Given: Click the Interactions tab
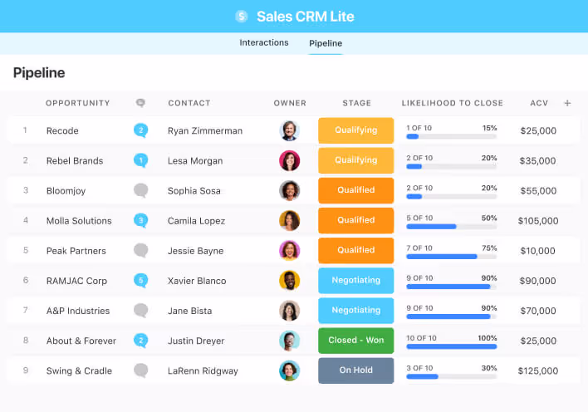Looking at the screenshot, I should (x=264, y=43).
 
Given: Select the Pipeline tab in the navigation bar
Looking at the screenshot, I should (x=325, y=43).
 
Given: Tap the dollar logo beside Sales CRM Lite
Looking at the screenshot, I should (x=242, y=16).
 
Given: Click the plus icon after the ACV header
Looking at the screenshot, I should (x=567, y=103).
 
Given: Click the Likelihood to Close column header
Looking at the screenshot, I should (x=452, y=103).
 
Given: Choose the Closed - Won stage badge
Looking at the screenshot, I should (x=355, y=341).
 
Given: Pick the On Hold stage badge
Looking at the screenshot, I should (x=355, y=370).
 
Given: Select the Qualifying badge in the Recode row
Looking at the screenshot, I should (x=355, y=130).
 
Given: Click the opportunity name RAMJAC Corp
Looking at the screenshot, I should (x=76, y=281).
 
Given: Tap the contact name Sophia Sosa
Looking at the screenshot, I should (x=194, y=191).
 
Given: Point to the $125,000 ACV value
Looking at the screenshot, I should (x=537, y=370).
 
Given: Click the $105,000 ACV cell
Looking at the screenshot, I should (x=537, y=221).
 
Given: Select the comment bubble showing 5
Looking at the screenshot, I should (x=141, y=281).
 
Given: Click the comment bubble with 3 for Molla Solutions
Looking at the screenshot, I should (x=141, y=221).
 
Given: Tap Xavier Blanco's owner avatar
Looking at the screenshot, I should (x=290, y=281).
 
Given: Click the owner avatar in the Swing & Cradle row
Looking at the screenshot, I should (x=290, y=370).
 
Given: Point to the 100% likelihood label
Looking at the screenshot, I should (x=487, y=338).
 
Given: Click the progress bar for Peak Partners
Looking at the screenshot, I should (x=451, y=257).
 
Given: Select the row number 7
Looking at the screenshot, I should (x=26, y=311).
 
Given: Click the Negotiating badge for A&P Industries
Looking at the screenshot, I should (x=355, y=311).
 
